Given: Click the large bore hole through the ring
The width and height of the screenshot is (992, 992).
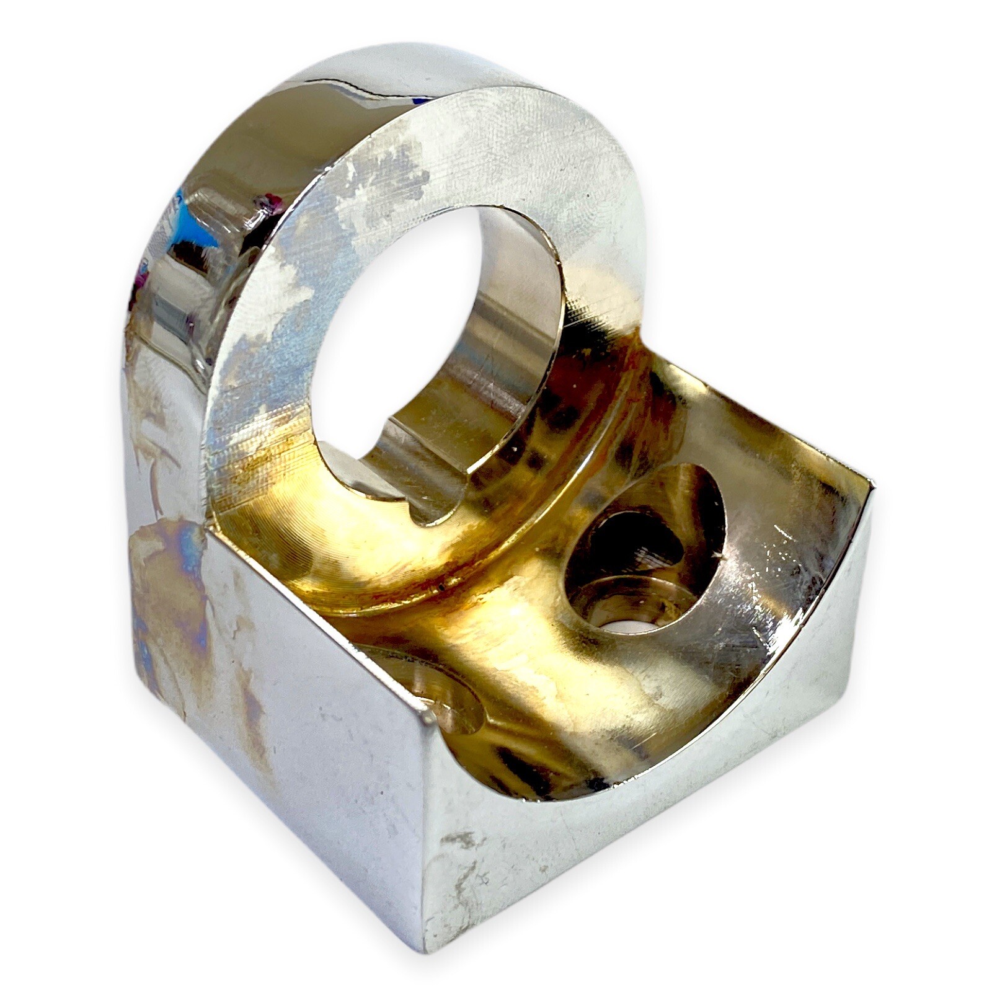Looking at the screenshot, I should click(397, 347).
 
